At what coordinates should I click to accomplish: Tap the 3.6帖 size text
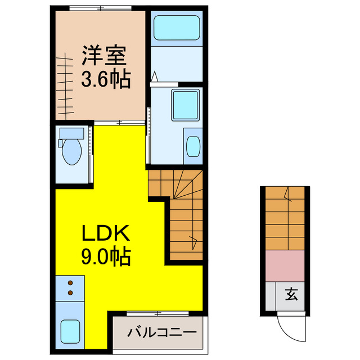tap(106, 80)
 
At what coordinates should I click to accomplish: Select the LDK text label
tap(107, 233)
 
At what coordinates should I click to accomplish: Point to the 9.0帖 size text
tap(107, 257)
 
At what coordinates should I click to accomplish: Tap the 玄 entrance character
tap(291, 294)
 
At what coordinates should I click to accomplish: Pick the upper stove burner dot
tap(70, 283)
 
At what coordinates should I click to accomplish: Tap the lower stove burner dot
tap(70, 292)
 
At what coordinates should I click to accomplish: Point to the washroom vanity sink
tap(192, 146)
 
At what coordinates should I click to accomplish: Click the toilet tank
tap(71, 133)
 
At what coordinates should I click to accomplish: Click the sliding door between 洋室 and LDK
tap(117, 122)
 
